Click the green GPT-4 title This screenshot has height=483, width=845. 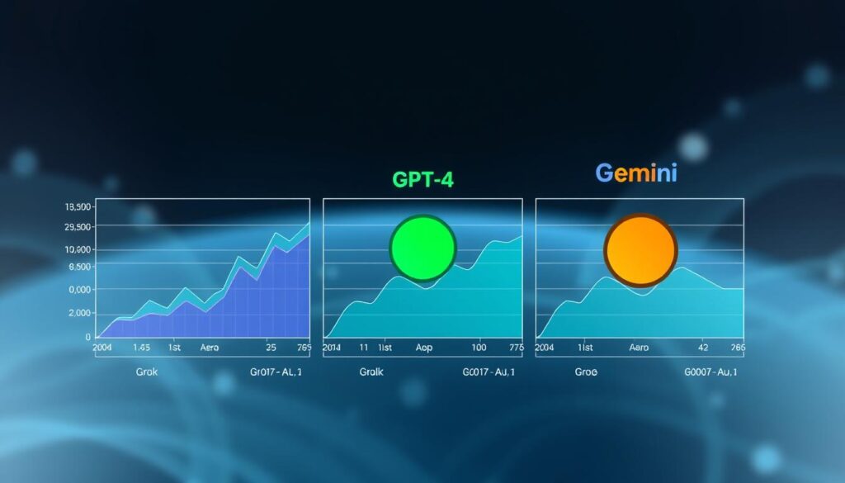[422, 181]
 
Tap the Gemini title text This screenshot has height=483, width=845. [637, 174]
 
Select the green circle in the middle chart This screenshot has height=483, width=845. [422, 248]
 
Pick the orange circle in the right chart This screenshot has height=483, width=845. [640, 249]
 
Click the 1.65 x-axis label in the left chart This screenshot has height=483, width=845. [141, 348]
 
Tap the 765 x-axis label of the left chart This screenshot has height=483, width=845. [303, 348]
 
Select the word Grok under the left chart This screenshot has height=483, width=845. [147, 372]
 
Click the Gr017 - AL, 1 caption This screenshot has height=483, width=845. [276, 372]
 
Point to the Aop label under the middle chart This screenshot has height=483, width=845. [423, 348]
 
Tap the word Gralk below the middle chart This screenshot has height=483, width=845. [372, 372]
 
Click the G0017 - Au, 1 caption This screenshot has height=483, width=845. [490, 372]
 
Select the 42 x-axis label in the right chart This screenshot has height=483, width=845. [703, 348]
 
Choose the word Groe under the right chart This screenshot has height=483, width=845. [586, 372]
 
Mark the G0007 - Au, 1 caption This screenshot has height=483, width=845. [710, 372]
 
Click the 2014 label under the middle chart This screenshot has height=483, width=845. [332, 348]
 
